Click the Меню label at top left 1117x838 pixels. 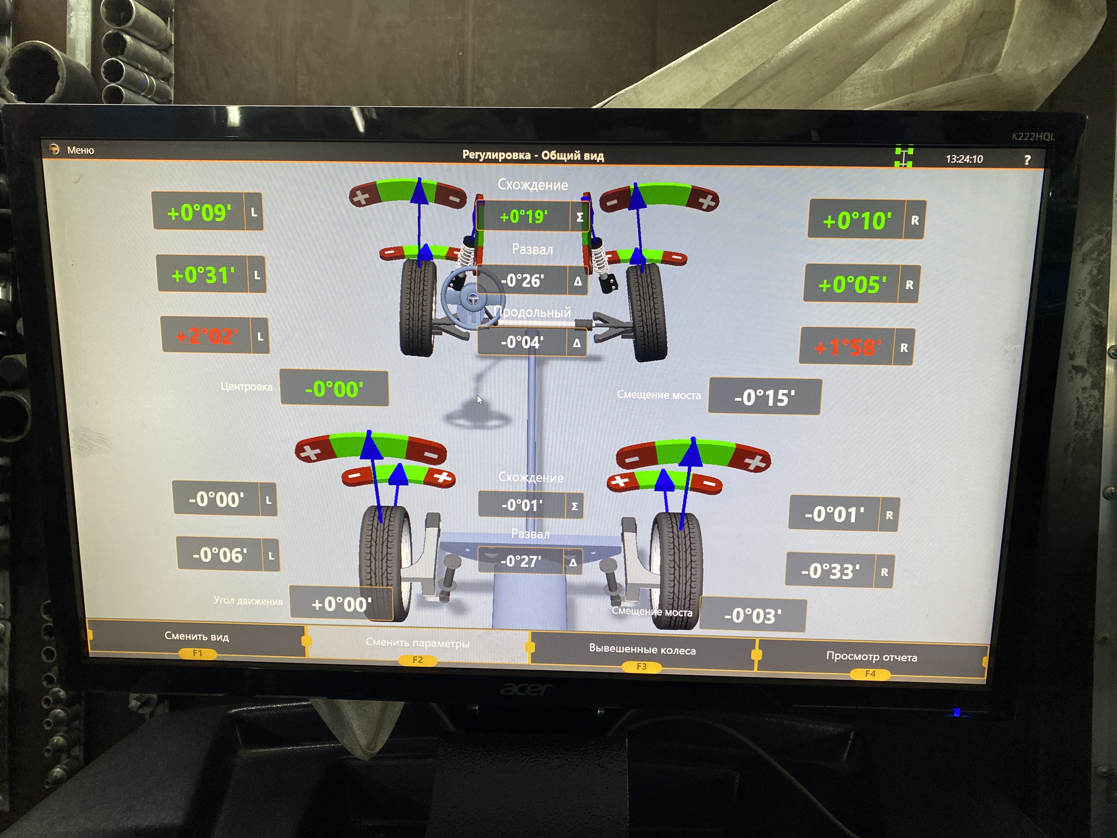point(80,150)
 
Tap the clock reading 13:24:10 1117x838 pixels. point(964,159)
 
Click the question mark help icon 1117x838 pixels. point(1027,160)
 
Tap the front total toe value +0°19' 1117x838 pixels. point(524,217)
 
